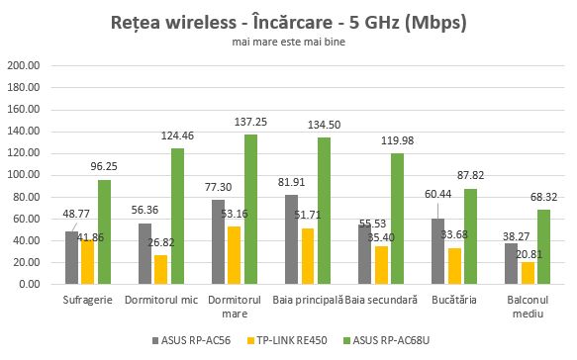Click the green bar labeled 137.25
point(250,210)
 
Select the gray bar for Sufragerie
point(71,258)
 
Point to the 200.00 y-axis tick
point(24,66)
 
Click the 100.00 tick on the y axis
point(24,175)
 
